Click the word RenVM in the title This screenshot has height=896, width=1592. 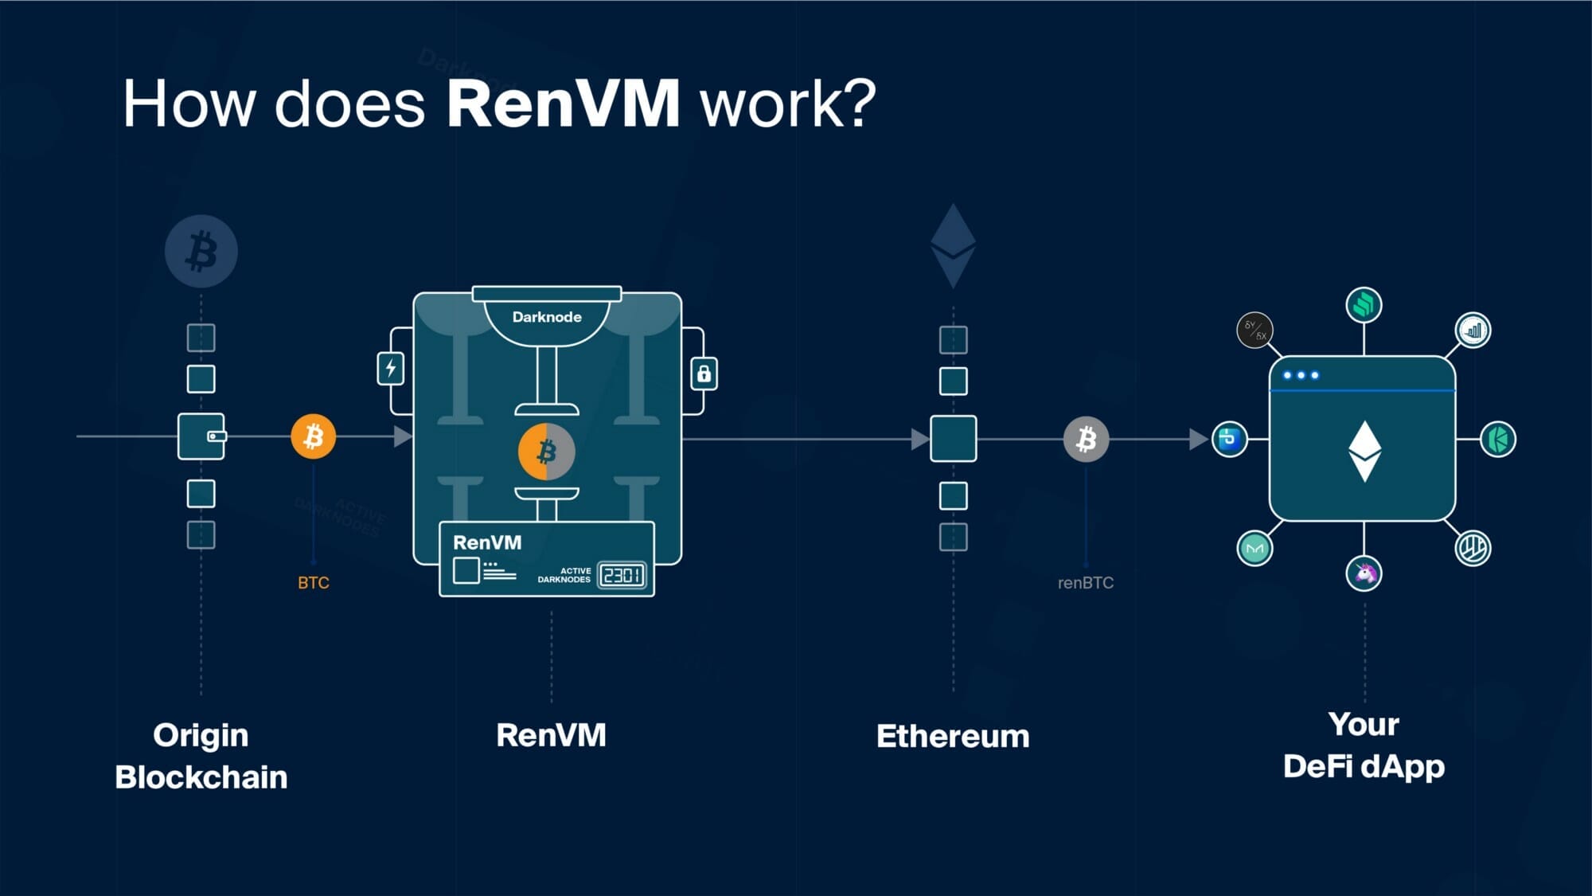coord(563,104)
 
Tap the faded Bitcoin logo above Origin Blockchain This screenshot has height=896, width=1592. coord(201,252)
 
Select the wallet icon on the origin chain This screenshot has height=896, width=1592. coord(201,436)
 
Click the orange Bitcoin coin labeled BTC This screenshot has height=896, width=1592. coord(314,436)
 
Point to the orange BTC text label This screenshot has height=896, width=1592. coord(314,583)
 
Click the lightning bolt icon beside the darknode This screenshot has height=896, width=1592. coord(390,369)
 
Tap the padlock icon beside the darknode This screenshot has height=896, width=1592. coord(704,374)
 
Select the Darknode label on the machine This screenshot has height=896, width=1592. coord(547,317)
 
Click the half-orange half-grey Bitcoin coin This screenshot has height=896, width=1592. coord(546,452)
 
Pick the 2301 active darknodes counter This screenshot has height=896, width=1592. coord(622,575)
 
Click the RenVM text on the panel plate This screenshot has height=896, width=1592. coord(487,543)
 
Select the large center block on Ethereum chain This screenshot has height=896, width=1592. coord(953,439)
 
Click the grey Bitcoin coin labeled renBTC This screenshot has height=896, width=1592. coord(1086,439)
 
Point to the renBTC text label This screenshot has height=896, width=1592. coord(1086,583)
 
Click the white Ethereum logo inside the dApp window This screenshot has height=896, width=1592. coord(1364,451)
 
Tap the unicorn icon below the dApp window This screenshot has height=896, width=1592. coord(1364,573)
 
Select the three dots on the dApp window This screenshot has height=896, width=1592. coord(1301,375)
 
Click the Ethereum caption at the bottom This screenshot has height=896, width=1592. coord(953,736)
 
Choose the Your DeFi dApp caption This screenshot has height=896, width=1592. coord(1364,746)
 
